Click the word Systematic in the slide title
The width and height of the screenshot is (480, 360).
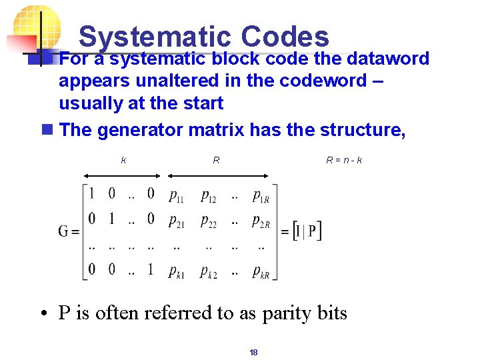pos(155,37)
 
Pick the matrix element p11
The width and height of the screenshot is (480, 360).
pos(177,196)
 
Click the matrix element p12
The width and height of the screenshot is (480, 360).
pos(209,196)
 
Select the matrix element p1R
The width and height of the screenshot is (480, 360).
pos(261,196)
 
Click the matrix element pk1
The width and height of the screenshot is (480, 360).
pos(177,271)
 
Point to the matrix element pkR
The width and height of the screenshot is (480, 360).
pos(261,271)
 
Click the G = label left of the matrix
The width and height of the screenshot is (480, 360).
pos(69,232)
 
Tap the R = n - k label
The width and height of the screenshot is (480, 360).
pos(344,160)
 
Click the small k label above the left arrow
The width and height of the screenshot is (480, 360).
pos(123,160)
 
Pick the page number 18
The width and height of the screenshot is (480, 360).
pos(253,352)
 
